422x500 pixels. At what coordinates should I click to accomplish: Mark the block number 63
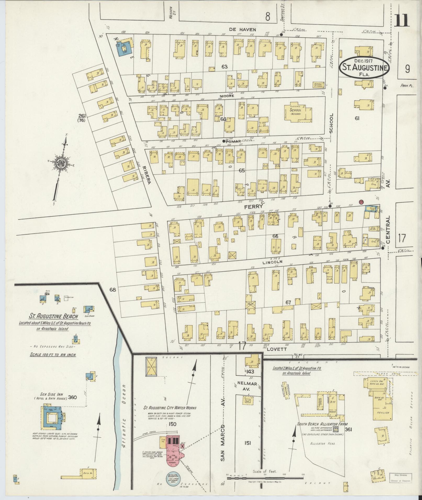pyautogui.click(x=224, y=67)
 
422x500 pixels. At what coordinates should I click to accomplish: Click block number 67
pyautogui.click(x=288, y=302)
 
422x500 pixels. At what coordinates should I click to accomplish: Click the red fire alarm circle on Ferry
pyautogui.click(x=361, y=202)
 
